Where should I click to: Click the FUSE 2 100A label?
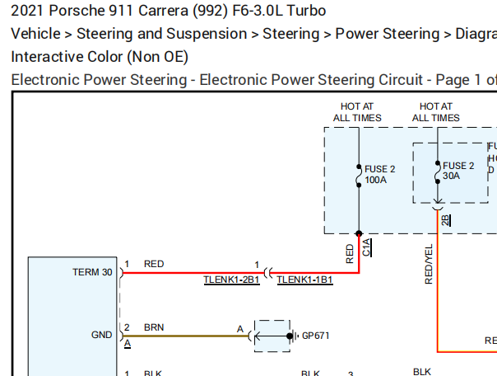point(379,174)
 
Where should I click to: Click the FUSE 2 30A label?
point(458,171)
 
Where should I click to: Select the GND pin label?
point(102,336)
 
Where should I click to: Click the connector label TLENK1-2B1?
point(231,280)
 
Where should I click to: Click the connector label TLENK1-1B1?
point(304,280)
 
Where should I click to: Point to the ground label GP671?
point(315,336)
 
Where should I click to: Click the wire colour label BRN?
point(154,327)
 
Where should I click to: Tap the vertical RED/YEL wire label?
point(429,264)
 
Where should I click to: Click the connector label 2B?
point(446,219)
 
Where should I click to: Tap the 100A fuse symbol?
point(358,175)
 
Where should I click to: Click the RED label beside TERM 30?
point(154,264)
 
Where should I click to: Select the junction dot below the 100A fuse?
point(358,234)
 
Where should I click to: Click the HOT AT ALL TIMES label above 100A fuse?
point(357,112)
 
